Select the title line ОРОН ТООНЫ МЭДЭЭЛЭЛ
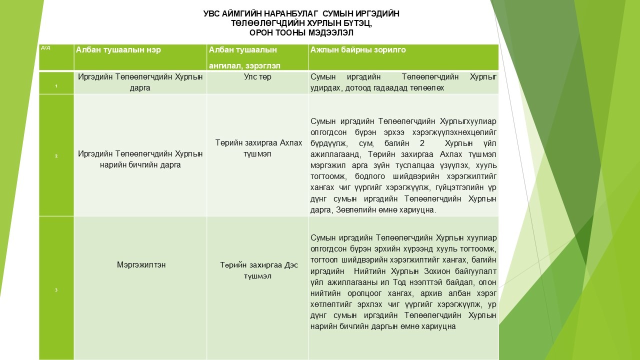tap(301, 33)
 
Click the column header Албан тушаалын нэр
tap(118, 50)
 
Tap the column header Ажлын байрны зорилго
tap(358, 50)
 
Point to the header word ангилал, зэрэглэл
tap(244, 65)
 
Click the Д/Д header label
tap(45, 48)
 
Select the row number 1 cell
tap(56, 86)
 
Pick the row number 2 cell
tap(56, 156)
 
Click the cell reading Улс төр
tap(257, 77)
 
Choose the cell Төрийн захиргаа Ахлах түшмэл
tap(257, 148)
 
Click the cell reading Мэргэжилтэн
tap(140, 265)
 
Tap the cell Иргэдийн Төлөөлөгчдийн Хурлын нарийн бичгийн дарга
tap(140, 159)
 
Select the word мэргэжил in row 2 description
tap(326, 165)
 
